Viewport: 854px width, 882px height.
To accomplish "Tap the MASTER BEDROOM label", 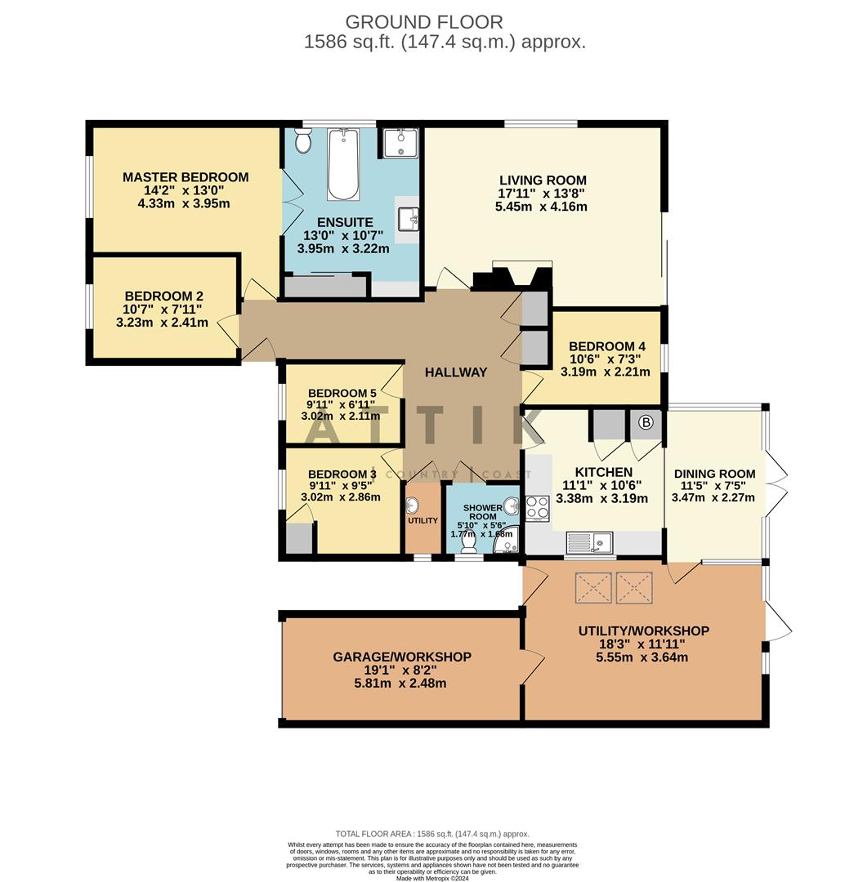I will (x=186, y=177).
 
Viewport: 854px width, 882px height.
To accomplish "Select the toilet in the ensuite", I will (x=303, y=142).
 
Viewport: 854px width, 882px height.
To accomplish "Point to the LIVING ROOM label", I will (x=543, y=180).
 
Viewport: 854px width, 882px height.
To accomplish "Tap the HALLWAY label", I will (x=455, y=372).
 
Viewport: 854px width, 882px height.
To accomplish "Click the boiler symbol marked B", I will (x=645, y=423).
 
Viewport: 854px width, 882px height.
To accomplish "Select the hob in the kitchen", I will (x=538, y=508).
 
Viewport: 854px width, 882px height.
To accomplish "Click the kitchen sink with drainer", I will (x=589, y=541).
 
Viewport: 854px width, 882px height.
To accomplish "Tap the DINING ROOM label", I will (x=714, y=474).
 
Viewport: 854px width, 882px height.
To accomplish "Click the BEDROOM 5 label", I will (x=342, y=393).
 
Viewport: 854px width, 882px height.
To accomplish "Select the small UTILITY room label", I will (x=423, y=520).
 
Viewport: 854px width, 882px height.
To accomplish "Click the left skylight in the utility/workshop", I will (x=593, y=588).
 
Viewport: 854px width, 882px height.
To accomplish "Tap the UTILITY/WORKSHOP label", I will (x=643, y=630).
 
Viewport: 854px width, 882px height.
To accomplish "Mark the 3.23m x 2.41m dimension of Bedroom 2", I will (x=162, y=323).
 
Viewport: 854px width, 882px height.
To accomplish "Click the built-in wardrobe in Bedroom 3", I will (x=299, y=539).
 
